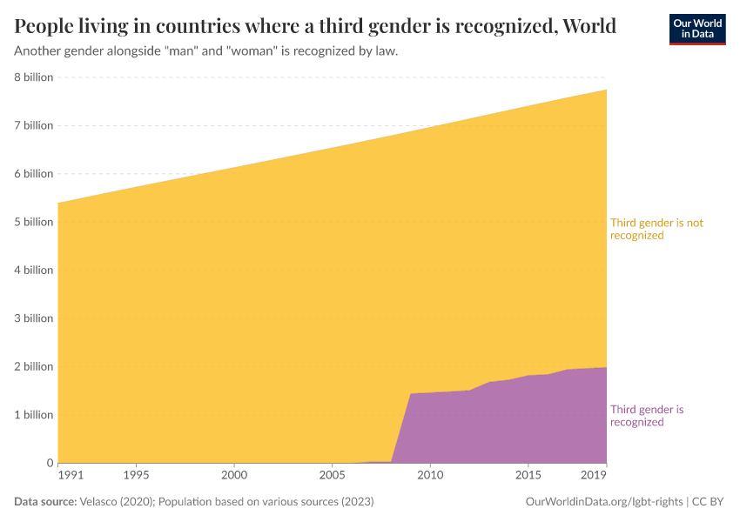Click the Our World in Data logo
(x=696, y=29)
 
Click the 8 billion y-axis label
(x=33, y=77)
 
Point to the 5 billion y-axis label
(x=33, y=222)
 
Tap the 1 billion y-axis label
(x=33, y=415)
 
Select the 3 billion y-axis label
(x=33, y=318)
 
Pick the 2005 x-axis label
(x=331, y=475)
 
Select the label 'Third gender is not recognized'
(x=656, y=229)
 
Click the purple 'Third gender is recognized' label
(x=646, y=416)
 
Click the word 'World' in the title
(x=589, y=26)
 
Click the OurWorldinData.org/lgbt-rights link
(x=605, y=502)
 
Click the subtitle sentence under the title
(x=206, y=51)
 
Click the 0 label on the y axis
(x=49, y=463)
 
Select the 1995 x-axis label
(x=136, y=475)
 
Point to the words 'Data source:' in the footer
(x=45, y=502)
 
